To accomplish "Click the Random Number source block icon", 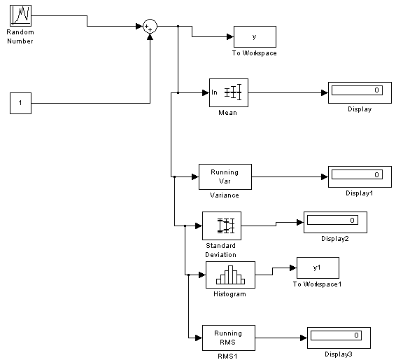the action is pyautogui.click(x=21, y=15).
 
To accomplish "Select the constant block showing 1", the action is pyautogui.click(x=21, y=103).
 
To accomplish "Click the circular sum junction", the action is pyautogui.click(x=150, y=27).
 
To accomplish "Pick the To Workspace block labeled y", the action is pyautogui.click(x=255, y=36).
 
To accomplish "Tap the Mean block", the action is pyautogui.click(x=229, y=92).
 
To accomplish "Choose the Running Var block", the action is pyautogui.click(x=225, y=176).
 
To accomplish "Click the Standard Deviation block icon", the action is pyautogui.click(x=222, y=226).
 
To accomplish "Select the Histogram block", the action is pyautogui.click(x=231, y=275).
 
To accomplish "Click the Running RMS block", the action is pyautogui.click(x=229, y=338).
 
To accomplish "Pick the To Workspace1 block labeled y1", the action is pyautogui.click(x=318, y=268).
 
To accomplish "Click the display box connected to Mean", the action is pyautogui.click(x=360, y=92).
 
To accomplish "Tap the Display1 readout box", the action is pyautogui.click(x=360, y=176).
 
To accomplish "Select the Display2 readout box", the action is pyautogui.click(x=335, y=222).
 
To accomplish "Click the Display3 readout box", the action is pyautogui.click(x=339, y=338).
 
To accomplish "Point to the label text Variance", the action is pyautogui.click(x=225, y=195).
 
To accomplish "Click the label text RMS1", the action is pyautogui.click(x=227, y=356).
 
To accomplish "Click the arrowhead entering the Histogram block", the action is pyautogui.click(x=202, y=275).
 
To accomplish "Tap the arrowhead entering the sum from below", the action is pyautogui.click(x=150, y=37).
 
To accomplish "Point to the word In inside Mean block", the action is pyautogui.click(x=214, y=92).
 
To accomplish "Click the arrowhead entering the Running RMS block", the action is pyautogui.click(x=199, y=338).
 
